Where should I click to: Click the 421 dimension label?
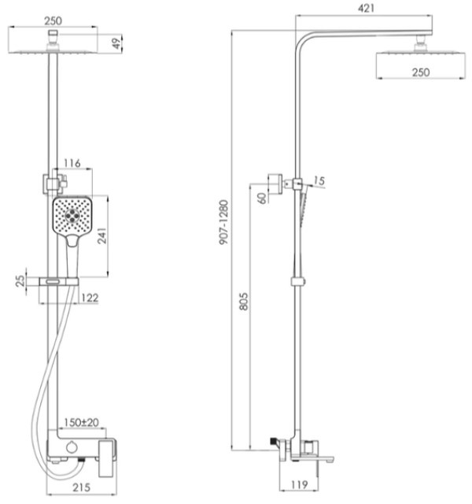[366, 8]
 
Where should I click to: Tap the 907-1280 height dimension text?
[223, 222]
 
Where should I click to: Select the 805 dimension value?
[244, 301]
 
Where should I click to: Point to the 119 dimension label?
[299, 485]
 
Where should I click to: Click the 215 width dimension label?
[82, 487]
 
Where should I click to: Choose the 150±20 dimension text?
[81, 422]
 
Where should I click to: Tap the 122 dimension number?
[90, 298]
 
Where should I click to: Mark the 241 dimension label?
[101, 236]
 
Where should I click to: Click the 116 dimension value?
[72, 163]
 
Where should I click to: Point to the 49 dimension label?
[117, 43]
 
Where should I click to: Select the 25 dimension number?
[20, 281]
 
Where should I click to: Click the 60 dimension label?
[262, 198]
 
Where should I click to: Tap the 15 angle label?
[319, 181]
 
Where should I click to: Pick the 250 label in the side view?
[421, 72]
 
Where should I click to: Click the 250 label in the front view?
[53, 21]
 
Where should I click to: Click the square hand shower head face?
[72, 215]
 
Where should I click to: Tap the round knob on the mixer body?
[72, 447]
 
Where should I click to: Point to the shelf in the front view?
[59, 282]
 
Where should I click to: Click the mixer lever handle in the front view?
[106, 458]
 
